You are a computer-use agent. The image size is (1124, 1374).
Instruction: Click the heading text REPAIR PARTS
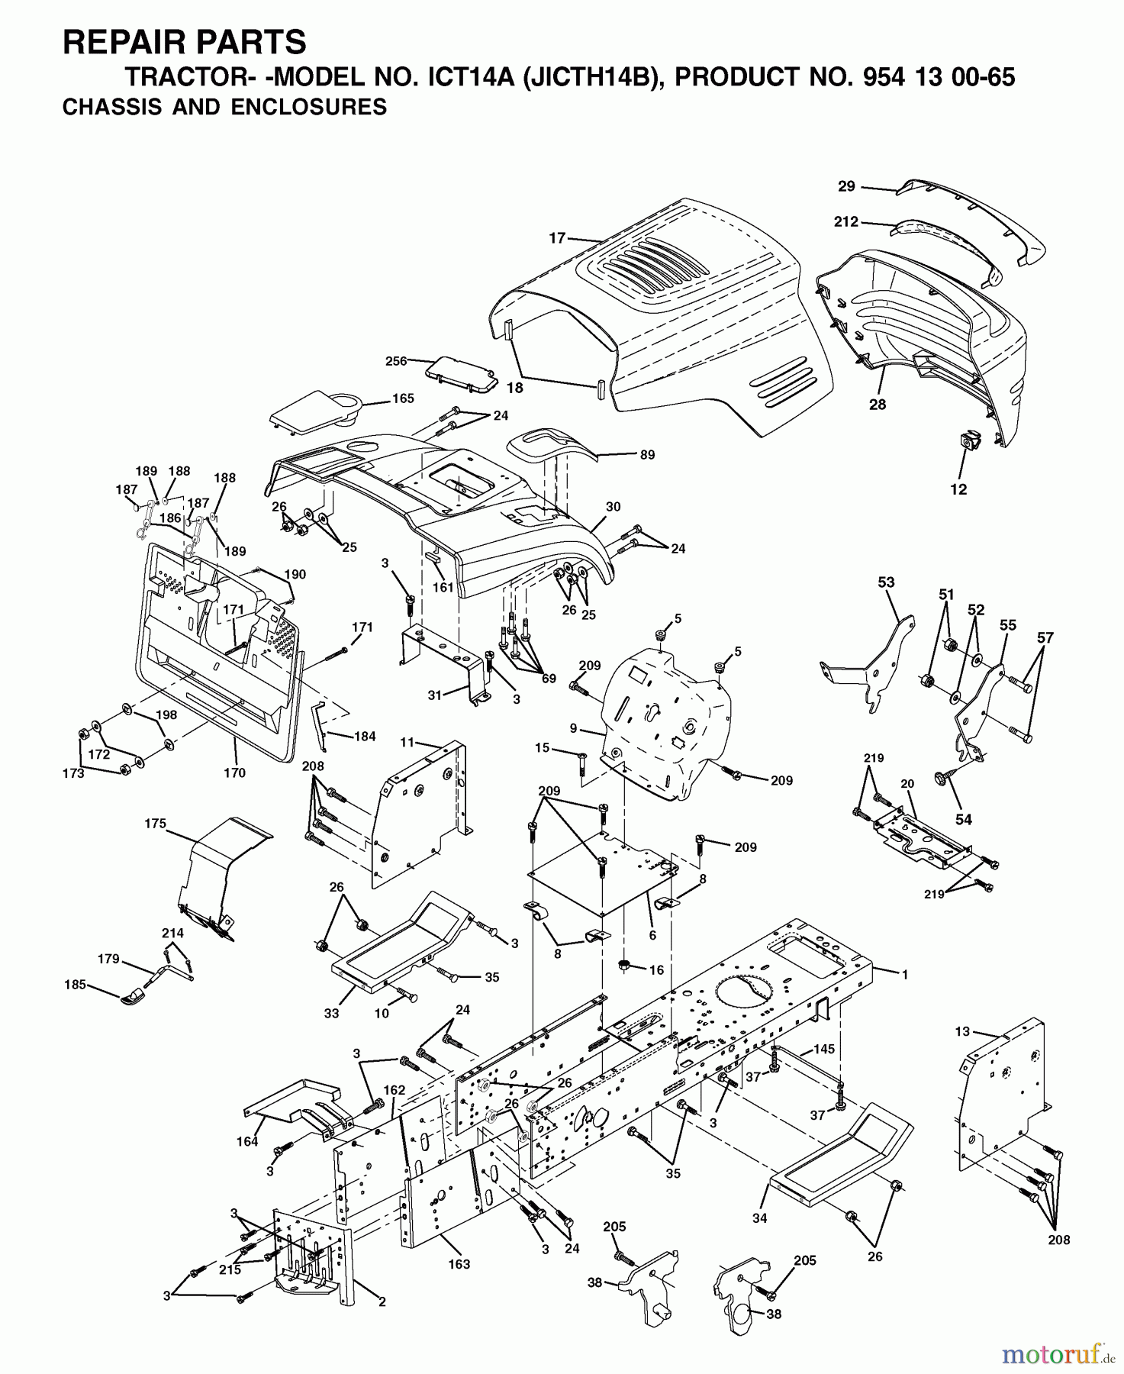pos(184,42)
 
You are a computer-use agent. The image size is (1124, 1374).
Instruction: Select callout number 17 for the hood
pos(557,238)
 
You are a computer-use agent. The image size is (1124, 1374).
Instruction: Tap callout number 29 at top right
pos(846,185)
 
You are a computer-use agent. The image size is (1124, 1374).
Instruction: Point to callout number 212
pos(846,222)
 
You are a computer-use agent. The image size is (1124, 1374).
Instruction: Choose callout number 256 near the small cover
pos(397,361)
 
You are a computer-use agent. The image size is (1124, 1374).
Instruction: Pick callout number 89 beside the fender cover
pos(647,454)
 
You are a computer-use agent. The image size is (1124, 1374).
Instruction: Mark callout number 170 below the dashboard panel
pos(234,772)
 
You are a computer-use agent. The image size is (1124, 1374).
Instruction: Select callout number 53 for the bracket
pos(885,582)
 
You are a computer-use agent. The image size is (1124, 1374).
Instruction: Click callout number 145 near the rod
pos(824,1049)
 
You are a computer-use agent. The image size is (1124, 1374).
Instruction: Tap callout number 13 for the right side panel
pos(961,1031)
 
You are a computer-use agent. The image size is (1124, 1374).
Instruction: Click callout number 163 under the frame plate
pos(459,1264)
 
